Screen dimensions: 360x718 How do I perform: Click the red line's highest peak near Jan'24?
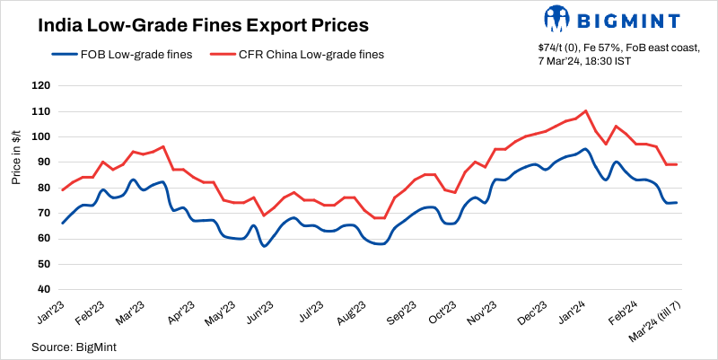[x=585, y=111]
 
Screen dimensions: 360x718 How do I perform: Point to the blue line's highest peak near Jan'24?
[x=584, y=149]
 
